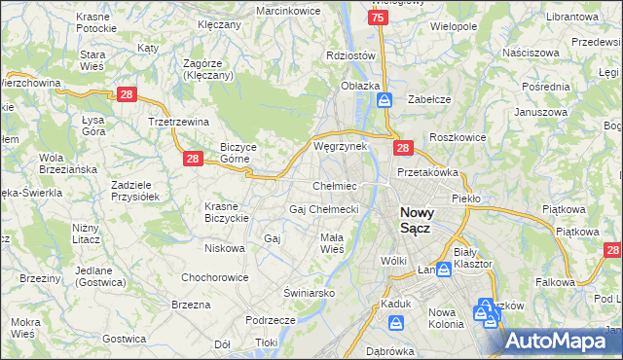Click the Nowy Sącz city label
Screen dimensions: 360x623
(x=420, y=219)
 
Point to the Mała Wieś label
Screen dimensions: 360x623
(x=332, y=242)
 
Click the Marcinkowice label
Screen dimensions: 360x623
(x=288, y=10)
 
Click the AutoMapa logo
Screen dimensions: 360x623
(x=562, y=341)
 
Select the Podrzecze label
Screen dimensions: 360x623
(x=271, y=319)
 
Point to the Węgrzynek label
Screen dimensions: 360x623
(x=340, y=146)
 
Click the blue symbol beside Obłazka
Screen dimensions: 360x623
(x=385, y=99)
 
